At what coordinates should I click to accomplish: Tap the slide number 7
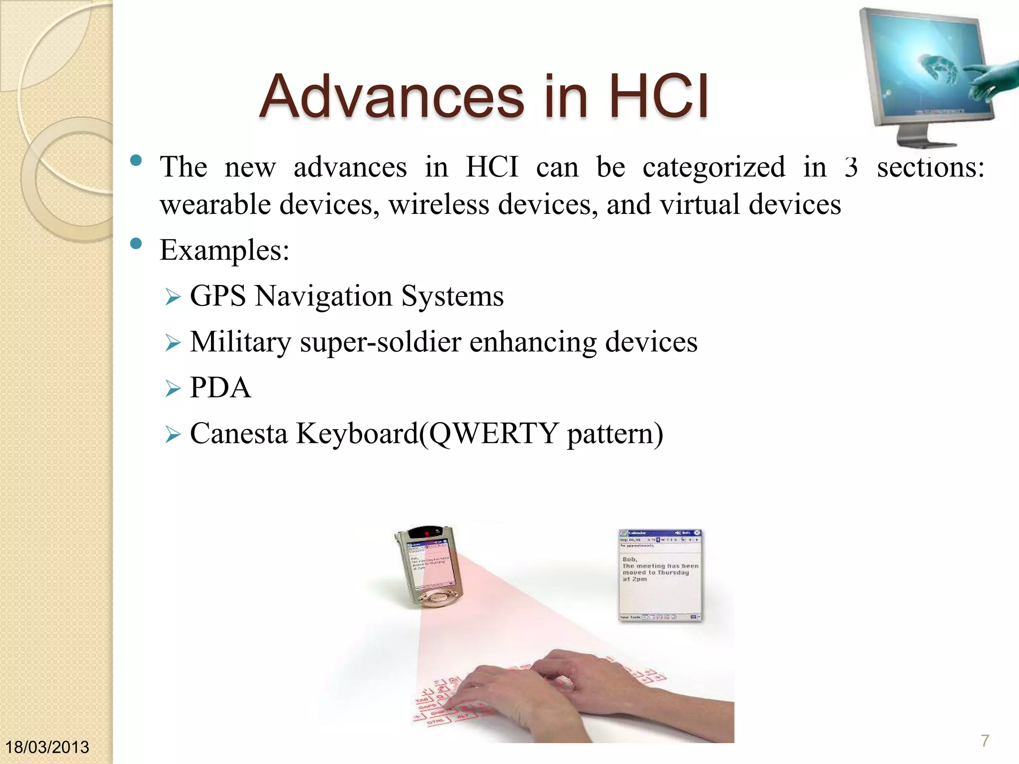pos(985,741)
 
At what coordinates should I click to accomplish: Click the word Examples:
pos(224,250)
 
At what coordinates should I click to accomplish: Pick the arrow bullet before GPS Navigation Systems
pos(173,297)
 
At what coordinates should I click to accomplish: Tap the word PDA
pos(220,388)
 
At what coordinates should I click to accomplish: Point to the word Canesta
pos(239,434)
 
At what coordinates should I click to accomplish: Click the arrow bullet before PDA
pos(173,388)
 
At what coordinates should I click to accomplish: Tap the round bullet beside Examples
pos(136,244)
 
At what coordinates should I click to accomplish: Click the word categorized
pos(713,167)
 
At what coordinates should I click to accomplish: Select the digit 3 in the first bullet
pos(851,167)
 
